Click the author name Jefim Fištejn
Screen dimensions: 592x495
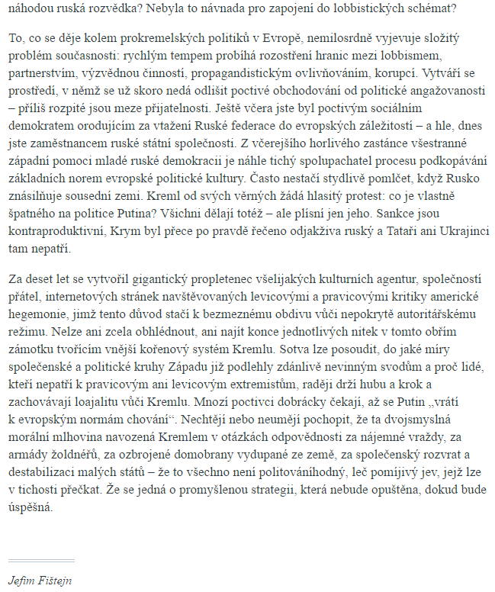click(40, 579)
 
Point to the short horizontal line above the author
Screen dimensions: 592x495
click(41, 560)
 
